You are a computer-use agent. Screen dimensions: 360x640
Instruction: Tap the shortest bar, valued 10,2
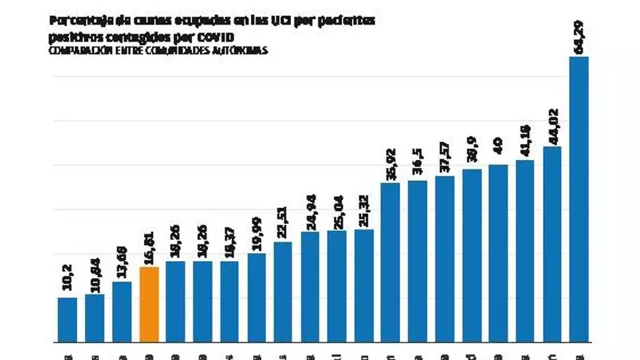[x=68, y=319]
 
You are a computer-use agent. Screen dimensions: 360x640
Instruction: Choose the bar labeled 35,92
[x=391, y=262]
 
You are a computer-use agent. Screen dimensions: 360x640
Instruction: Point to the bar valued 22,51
[x=283, y=292]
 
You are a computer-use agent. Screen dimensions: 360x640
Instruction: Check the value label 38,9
[x=471, y=153]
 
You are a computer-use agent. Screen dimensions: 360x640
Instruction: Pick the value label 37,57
[x=444, y=158]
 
